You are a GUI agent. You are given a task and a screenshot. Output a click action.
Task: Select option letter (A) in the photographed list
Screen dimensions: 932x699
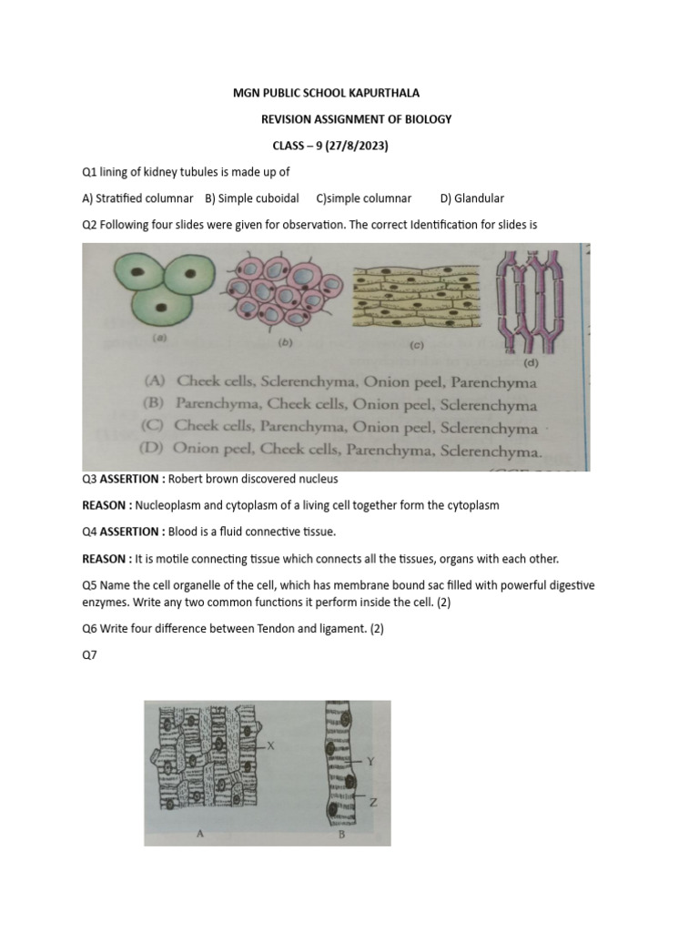153,382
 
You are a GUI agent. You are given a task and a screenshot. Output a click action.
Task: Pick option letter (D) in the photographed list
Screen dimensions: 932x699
153,449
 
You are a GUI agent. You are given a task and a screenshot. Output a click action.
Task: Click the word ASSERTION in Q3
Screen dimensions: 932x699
130,479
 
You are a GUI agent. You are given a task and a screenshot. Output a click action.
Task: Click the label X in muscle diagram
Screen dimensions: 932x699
270,745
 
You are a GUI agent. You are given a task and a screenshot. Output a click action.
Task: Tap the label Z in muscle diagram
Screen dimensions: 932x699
373,802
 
